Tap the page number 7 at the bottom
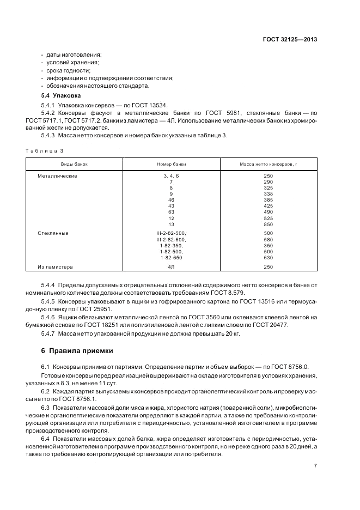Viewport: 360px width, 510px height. pos(316,465)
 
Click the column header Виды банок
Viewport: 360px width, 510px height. pos(74,163)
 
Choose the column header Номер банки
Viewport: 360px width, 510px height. pos(171,163)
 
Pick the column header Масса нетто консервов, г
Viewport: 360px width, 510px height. pos(268,163)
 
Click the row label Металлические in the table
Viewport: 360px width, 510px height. pos(57,176)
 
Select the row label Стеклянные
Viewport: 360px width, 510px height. pos(53,233)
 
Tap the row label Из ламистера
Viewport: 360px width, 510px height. pos(55,266)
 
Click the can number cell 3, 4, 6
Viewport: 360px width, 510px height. pos(171,176)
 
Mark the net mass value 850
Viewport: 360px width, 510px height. pos(268,224)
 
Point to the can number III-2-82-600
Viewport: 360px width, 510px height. pos(171,239)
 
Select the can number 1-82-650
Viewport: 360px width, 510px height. pos(171,258)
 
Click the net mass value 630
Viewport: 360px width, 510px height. pos(268,258)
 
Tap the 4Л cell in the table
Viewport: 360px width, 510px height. pos(171,266)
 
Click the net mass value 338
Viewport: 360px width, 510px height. pos(268,194)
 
